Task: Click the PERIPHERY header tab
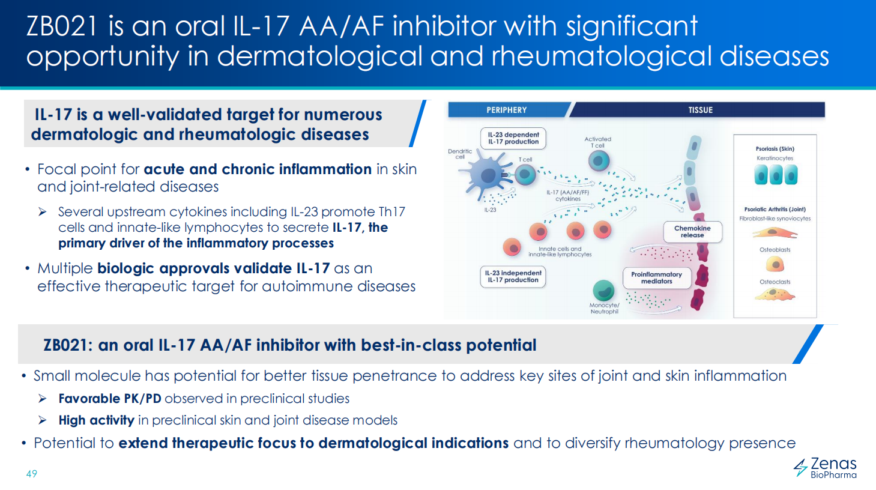507,110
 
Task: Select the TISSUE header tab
700,110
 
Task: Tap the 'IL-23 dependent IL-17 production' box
513,139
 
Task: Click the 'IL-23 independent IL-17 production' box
513,276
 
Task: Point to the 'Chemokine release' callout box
692,232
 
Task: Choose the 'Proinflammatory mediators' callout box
657,277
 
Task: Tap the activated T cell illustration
599,161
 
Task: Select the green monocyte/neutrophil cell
603,291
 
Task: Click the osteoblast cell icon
775,264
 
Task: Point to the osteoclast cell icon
775,294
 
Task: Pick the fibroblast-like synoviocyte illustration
775,233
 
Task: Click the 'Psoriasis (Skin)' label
775,148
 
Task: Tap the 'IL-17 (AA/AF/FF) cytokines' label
568,196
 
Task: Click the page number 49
32,474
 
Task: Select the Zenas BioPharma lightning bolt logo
800,468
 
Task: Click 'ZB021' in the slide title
61,26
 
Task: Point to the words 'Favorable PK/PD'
110,399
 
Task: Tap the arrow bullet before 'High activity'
43,420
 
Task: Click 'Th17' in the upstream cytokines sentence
392,211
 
